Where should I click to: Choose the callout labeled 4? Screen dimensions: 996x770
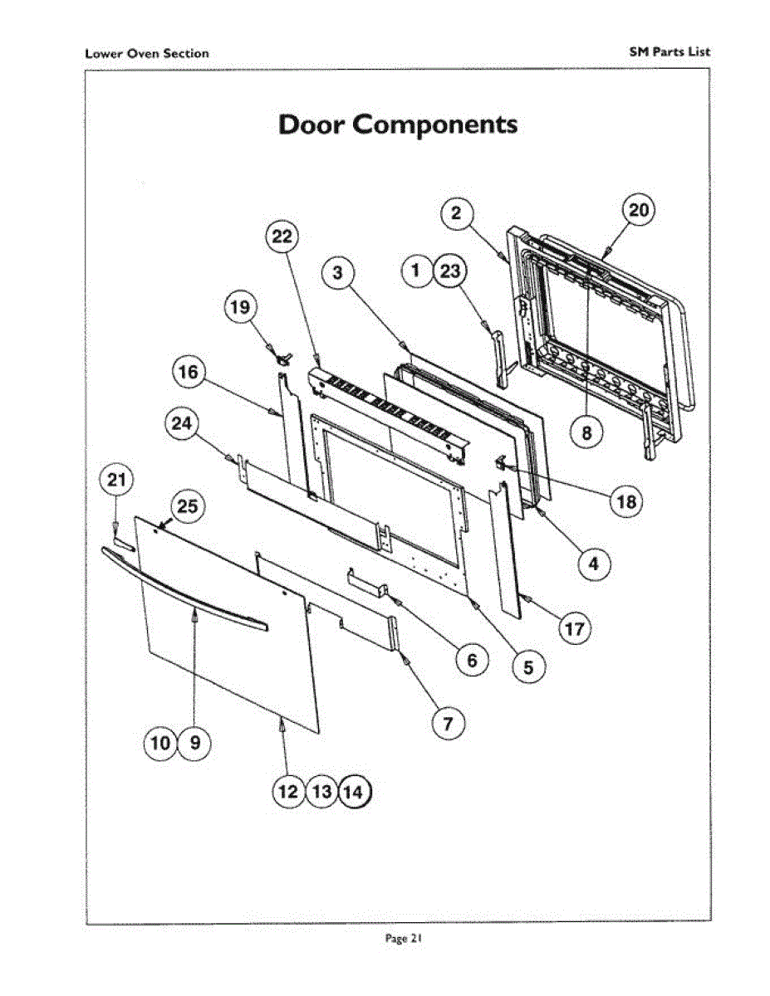(593, 564)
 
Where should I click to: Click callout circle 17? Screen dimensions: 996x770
(574, 628)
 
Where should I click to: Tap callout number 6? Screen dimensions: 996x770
(471, 660)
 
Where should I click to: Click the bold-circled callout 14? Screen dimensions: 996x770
(355, 793)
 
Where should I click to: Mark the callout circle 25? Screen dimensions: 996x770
(189, 508)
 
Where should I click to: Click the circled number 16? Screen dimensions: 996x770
(189, 373)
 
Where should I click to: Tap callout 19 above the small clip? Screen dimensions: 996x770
(239, 309)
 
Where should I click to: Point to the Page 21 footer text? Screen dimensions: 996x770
(405, 939)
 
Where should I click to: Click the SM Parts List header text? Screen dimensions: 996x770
(670, 51)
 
